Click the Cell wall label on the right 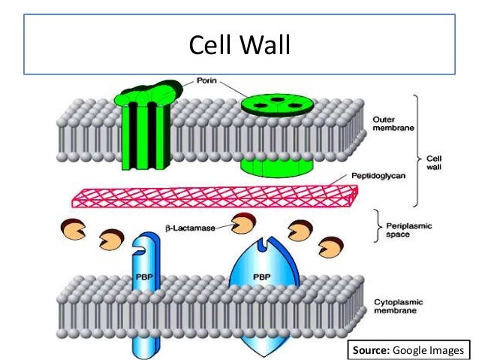pos(435,163)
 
